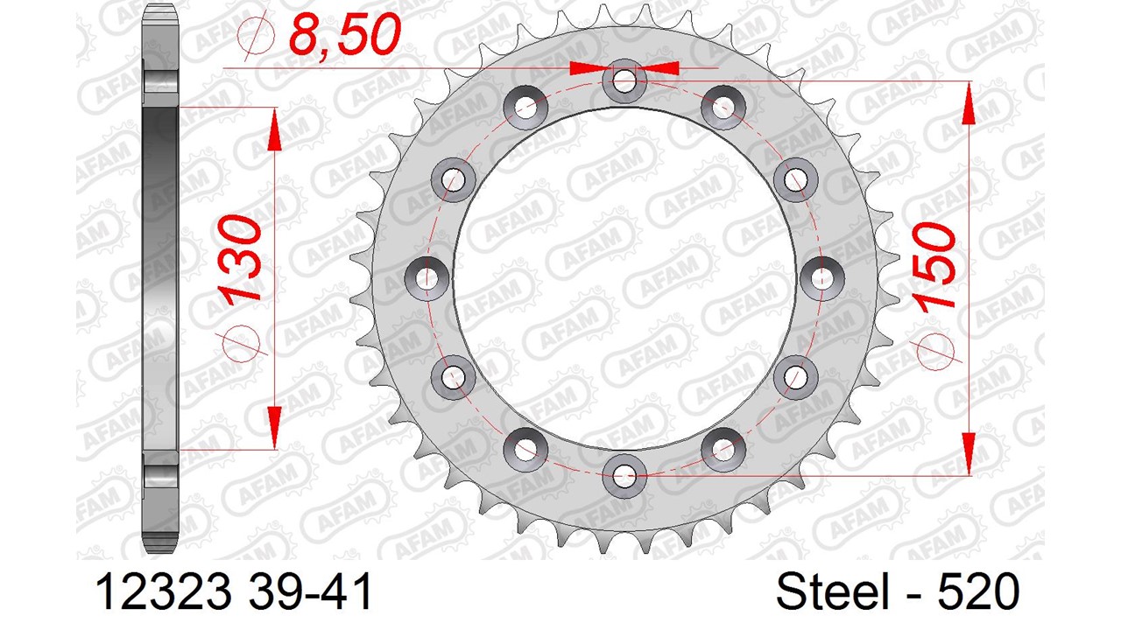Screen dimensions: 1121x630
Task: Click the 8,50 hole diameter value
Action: (x=345, y=34)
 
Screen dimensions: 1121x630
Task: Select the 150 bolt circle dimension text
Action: (x=934, y=267)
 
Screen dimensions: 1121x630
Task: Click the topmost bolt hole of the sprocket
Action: (x=624, y=80)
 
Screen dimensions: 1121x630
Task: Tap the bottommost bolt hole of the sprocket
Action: (x=624, y=475)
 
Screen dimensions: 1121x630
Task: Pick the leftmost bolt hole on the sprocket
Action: (x=427, y=278)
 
